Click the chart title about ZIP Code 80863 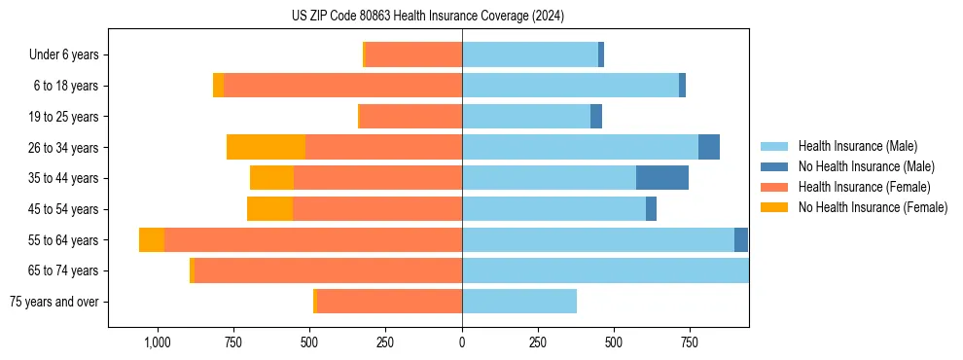(x=428, y=17)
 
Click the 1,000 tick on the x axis (x=158, y=342)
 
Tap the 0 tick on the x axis (x=462, y=342)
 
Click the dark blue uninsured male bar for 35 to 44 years (x=662, y=178)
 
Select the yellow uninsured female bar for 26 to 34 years (x=266, y=147)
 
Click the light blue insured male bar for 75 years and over (x=519, y=302)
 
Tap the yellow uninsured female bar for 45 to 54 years (x=269, y=209)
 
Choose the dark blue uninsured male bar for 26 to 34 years (x=709, y=147)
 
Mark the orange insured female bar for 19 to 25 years (x=410, y=117)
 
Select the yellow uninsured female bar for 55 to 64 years (x=152, y=240)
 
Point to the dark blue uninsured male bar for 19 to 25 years (x=596, y=117)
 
